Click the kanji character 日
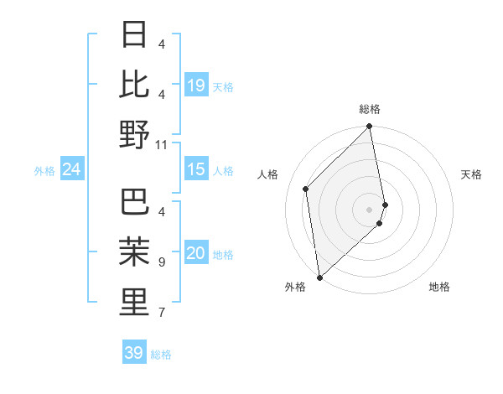click(134, 35)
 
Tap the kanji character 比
click(134, 84)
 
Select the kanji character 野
click(134, 134)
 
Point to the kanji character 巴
click(134, 202)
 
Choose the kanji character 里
click(134, 302)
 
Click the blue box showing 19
click(196, 86)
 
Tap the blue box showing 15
click(196, 170)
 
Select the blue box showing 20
click(196, 254)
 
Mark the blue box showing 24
click(71, 170)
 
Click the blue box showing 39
click(134, 353)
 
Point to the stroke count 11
click(162, 144)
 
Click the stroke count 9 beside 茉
click(162, 262)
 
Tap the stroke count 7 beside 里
click(162, 313)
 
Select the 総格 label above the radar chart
click(370, 109)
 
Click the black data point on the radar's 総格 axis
click(370, 127)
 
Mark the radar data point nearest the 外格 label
click(319, 277)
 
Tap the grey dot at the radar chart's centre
click(370, 209)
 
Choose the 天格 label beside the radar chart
click(472, 174)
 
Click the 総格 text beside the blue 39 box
click(161, 355)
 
